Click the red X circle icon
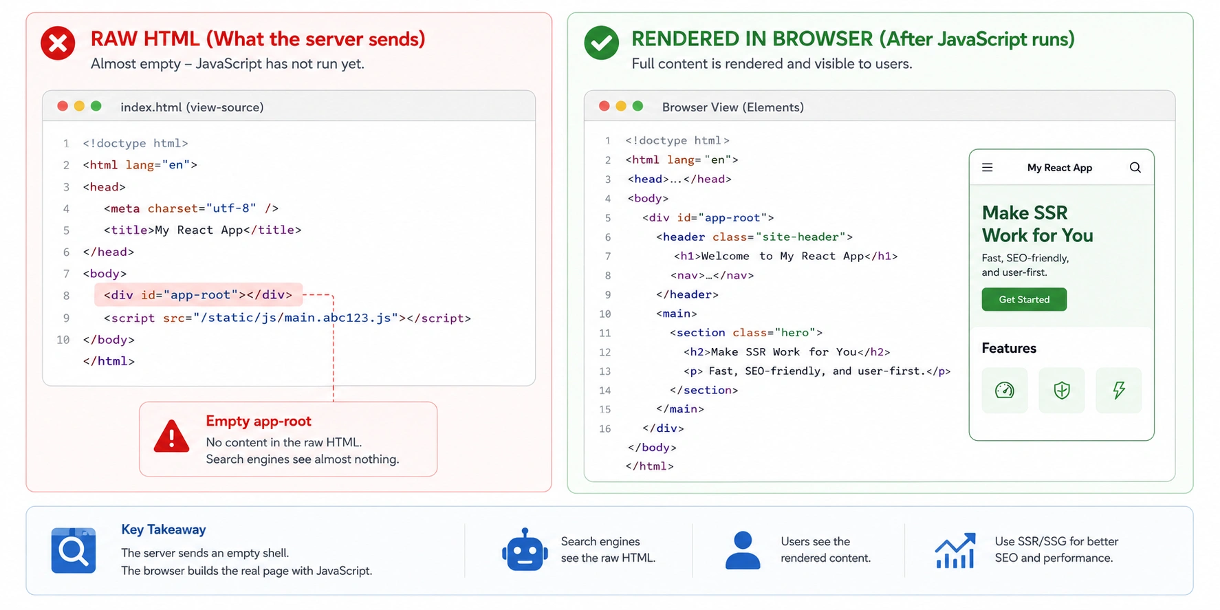pyautogui.click(x=58, y=43)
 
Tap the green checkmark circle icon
pyautogui.click(x=601, y=43)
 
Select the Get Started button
pyautogui.click(x=1024, y=299)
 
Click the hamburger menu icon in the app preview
pyautogui.click(x=987, y=167)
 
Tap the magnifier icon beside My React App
pyautogui.click(x=1135, y=167)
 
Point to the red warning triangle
pyautogui.click(x=171, y=437)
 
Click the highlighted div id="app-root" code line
pyautogui.click(x=198, y=295)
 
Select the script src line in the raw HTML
pyautogui.click(x=287, y=318)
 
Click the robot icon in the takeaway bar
pyautogui.click(x=525, y=549)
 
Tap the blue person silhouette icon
pyautogui.click(x=743, y=549)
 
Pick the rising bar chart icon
pyautogui.click(x=955, y=550)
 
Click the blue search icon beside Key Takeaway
pyautogui.click(x=73, y=550)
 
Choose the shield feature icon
pyautogui.click(x=1062, y=391)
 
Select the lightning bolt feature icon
pyautogui.click(x=1119, y=391)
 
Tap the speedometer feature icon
pyautogui.click(x=1005, y=391)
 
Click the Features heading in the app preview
pyautogui.click(x=1009, y=348)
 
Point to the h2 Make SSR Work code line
pyautogui.click(x=787, y=352)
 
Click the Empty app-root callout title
pyautogui.click(x=259, y=421)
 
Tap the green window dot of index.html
pyautogui.click(x=96, y=106)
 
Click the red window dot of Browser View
pyautogui.click(x=604, y=106)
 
